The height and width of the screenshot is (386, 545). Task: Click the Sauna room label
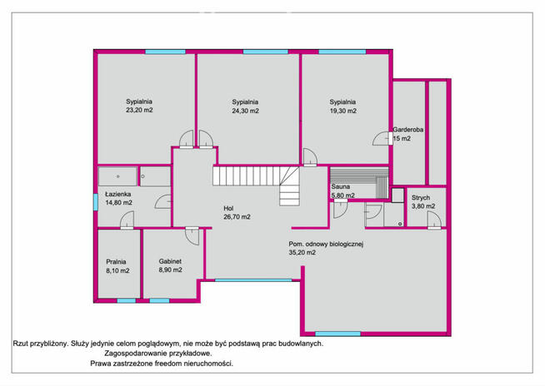341,186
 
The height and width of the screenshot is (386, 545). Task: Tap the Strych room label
421,198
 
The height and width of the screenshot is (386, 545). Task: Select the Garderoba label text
408,130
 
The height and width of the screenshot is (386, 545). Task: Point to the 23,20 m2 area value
139,111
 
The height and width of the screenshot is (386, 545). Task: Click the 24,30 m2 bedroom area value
245,111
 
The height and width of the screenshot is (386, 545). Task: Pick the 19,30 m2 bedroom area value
343,111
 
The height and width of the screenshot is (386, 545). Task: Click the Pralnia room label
116,262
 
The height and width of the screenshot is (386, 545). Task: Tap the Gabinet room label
170,261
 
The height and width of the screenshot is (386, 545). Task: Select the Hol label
228,209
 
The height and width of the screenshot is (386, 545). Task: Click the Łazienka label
118,194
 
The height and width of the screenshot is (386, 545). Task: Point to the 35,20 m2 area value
302,253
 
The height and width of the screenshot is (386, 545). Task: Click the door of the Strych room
434,220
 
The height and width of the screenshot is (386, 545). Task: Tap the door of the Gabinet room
192,236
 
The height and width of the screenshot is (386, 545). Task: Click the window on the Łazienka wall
96,202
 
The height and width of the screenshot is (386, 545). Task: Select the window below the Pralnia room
126,300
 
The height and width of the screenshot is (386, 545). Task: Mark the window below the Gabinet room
159,300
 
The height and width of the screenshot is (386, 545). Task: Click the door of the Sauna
340,210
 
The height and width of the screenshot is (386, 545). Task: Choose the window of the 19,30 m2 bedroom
342,52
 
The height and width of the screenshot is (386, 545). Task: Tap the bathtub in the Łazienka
117,176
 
